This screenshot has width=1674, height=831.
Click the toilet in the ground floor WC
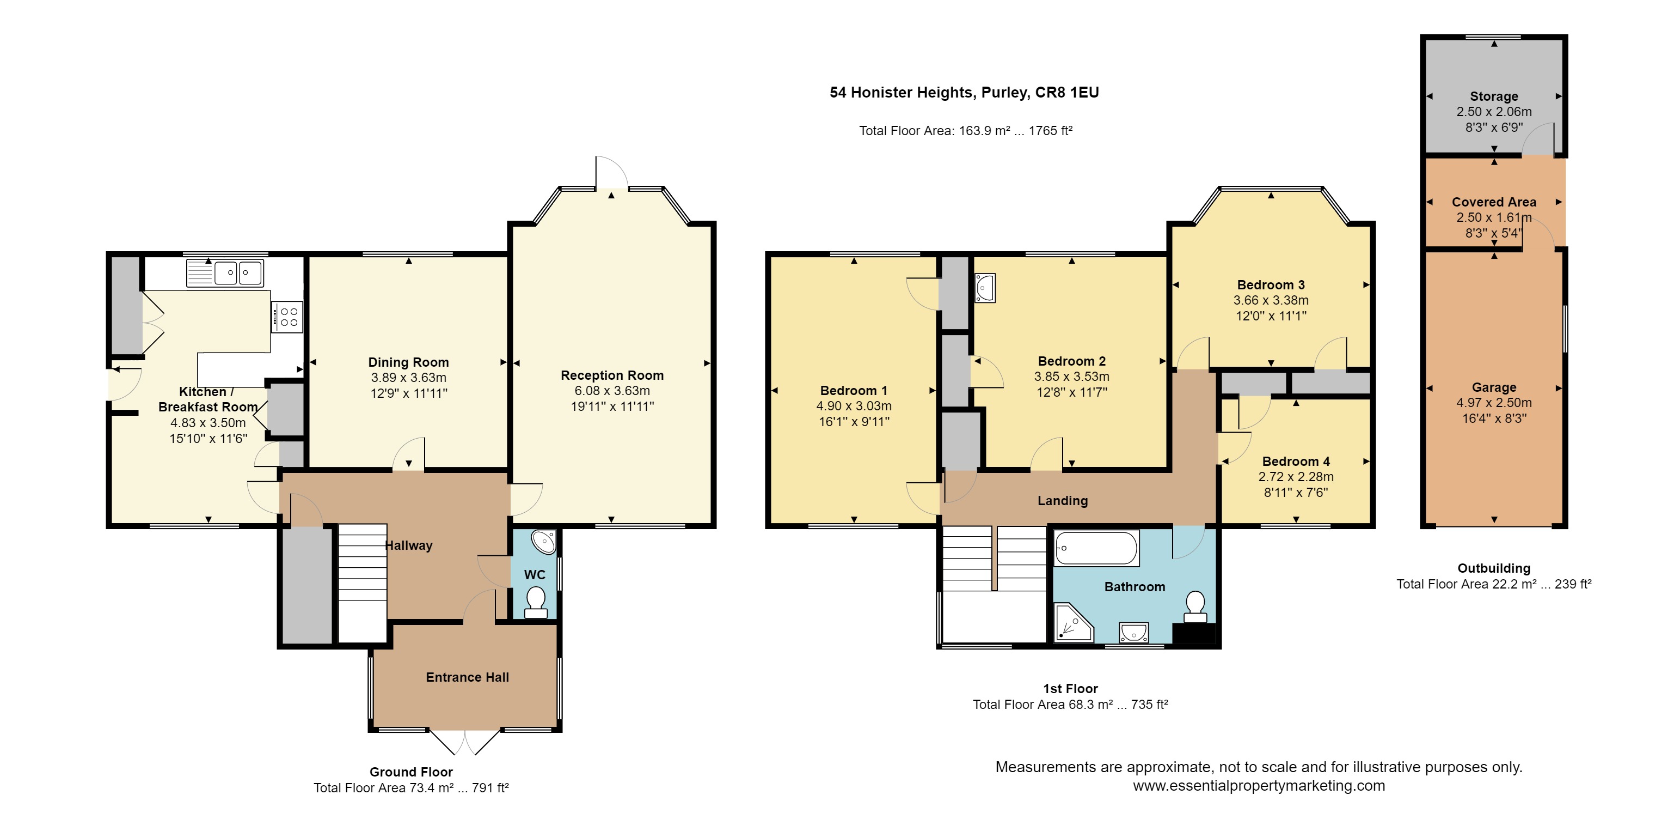click(x=536, y=603)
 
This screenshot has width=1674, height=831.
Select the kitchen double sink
click(x=225, y=273)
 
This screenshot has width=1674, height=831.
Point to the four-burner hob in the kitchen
click(x=286, y=317)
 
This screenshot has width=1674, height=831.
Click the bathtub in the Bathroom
click(x=1096, y=548)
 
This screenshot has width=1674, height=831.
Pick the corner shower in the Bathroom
click(x=1073, y=622)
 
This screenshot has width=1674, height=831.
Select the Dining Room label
click(x=409, y=362)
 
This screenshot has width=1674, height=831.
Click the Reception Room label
click(x=612, y=375)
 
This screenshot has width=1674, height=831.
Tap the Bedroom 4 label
click(x=1296, y=461)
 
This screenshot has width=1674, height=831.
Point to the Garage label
click(x=1494, y=387)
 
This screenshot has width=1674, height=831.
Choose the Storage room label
click(x=1494, y=96)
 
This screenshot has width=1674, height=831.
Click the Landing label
click(x=1063, y=501)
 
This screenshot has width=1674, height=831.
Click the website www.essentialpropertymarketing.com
click(x=1259, y=785)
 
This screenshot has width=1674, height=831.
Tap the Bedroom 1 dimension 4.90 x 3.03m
click(x=854, y=406)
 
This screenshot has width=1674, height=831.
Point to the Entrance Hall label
click(x=467, y=677)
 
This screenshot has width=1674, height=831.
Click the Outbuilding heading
click(x=1494, y=568)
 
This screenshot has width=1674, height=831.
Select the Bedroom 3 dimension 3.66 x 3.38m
click(x=1271, y=300)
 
